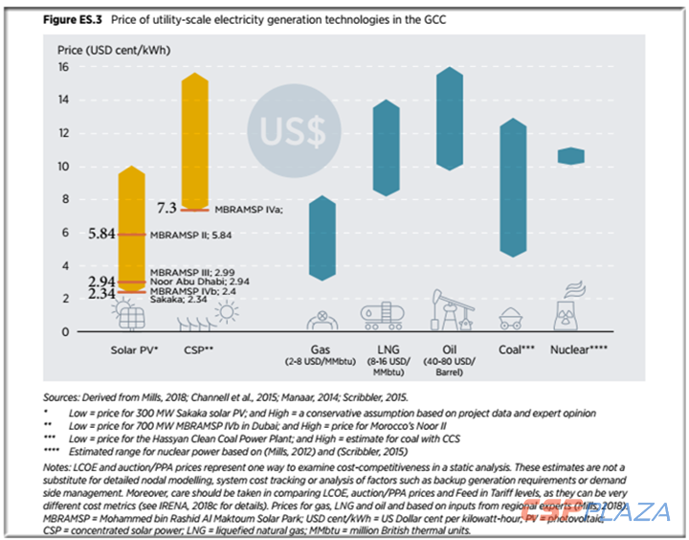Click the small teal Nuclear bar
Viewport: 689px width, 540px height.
(571, 155)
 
